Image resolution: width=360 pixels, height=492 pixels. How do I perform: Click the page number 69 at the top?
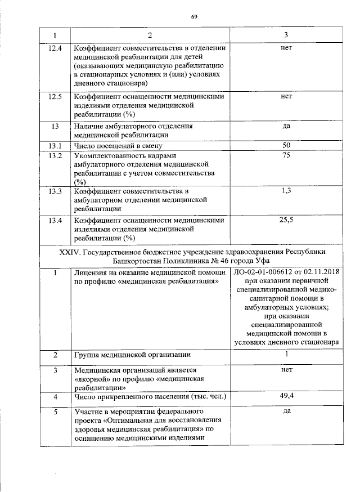[x=193, y=17]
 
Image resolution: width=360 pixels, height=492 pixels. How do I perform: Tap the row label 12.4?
[x=56, y=48]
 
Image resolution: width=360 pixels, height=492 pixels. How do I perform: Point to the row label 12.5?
[x=56, y=96]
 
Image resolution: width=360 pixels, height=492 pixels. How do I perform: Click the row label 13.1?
[x=56, y=146]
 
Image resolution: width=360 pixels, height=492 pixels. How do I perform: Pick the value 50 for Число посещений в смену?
[x=286, y=146]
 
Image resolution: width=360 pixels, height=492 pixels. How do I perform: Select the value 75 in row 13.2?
[x=286, y=156]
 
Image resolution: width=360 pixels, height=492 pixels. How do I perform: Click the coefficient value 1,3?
[x=286, y=191]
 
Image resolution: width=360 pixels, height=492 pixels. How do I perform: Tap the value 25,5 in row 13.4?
[x=286, y=220]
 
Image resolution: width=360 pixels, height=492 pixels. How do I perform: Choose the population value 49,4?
[x=286, y=397]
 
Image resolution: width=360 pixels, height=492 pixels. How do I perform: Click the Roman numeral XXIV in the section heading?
[x=70, y=252]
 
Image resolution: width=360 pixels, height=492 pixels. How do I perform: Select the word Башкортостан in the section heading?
[x=135, y=261]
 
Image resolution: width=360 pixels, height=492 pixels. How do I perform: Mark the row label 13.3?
[x=56, y=191]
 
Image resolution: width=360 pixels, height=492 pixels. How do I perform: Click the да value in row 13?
[x=286, y=126]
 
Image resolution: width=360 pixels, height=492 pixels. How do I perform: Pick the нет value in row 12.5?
[x=286, y=96]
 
